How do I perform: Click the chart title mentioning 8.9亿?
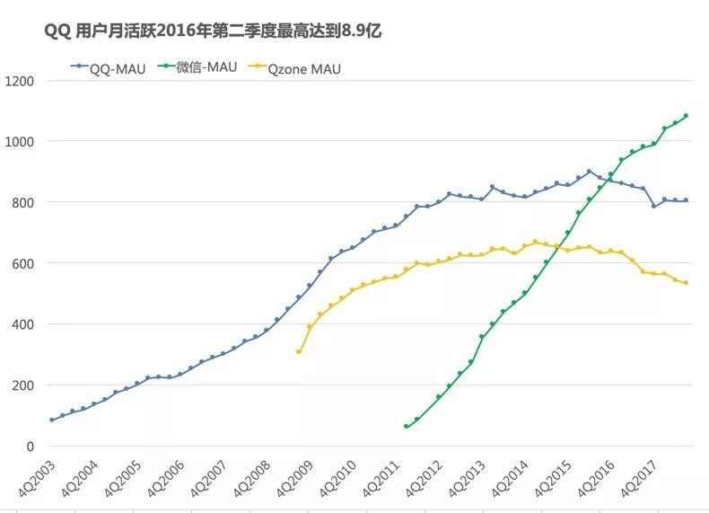[214, 31]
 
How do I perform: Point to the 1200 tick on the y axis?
[19, 81]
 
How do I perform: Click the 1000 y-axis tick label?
[19, 142]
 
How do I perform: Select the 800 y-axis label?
[22, 203]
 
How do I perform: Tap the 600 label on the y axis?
[22, 264]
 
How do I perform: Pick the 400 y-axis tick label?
[22, 324]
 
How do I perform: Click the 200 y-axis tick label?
[22, 385]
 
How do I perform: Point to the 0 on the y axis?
[30, 447]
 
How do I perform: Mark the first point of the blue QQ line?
[52, 420]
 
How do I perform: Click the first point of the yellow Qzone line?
[299, 351]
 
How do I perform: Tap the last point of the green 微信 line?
[687, 116]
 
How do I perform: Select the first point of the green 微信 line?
[407, 426]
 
